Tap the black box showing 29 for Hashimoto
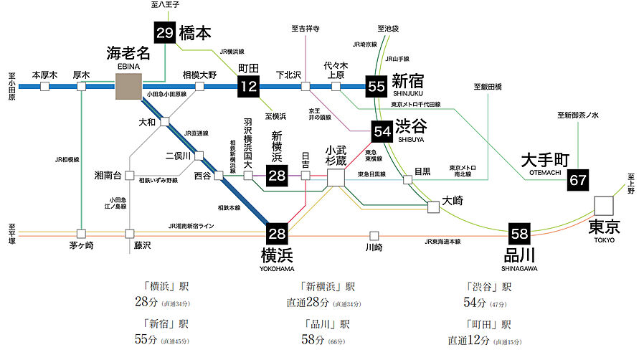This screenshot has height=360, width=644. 165,32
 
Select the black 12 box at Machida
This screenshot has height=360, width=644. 247,87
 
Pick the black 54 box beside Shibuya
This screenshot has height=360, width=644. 382,131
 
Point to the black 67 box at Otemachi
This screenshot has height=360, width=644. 578,180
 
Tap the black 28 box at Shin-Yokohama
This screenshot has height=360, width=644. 277,175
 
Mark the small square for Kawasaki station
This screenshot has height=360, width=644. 374,235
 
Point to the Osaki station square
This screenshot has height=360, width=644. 433,207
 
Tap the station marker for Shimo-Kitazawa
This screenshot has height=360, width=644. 306,87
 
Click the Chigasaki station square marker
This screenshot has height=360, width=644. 81,234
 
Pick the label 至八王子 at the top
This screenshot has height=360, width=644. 165,5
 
